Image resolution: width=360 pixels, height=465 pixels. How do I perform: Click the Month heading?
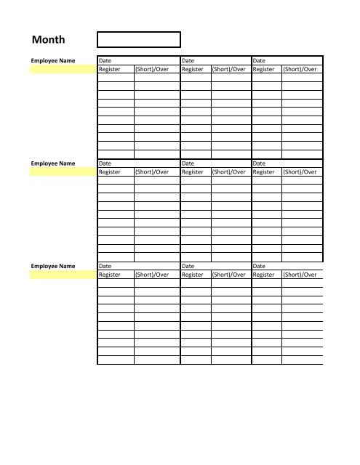tap(48, 40)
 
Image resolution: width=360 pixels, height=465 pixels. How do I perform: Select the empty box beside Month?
tap(138, 39)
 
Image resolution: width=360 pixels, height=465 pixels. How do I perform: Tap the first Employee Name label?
tap(53, 60)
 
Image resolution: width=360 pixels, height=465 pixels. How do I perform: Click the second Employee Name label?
tap(53, 163)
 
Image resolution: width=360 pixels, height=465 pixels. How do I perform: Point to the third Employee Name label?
tap(53, 267)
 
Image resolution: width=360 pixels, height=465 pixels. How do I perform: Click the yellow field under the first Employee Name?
tap(62, 69)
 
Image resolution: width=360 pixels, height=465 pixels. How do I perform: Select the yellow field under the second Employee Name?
tap(62, 172)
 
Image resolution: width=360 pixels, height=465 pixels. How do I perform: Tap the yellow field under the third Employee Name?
tap(62, 275)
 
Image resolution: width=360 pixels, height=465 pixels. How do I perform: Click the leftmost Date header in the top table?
tap(105, 60)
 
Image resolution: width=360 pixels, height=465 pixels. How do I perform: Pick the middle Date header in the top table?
tap(188, 60)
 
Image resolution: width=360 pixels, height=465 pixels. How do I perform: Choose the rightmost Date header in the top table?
tap(259, 60)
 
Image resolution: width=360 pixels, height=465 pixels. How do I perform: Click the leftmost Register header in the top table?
tap(110, 69)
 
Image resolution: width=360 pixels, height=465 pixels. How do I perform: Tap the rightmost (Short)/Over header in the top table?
tap(300, 69)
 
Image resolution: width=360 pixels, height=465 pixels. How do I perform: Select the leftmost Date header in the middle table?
tap(105, 163)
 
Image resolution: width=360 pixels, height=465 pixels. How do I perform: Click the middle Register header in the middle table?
tap(193, 172)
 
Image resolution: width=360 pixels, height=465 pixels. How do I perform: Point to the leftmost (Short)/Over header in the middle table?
tap(152, 172)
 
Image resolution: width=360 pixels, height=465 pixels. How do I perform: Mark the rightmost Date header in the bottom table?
tap(259, 267)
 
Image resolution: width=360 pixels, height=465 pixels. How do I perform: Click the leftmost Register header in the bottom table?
tap(110, 275)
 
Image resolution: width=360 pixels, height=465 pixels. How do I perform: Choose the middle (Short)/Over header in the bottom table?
tap(229, 275)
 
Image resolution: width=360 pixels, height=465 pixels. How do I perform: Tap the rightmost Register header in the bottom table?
tap(264, 275)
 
